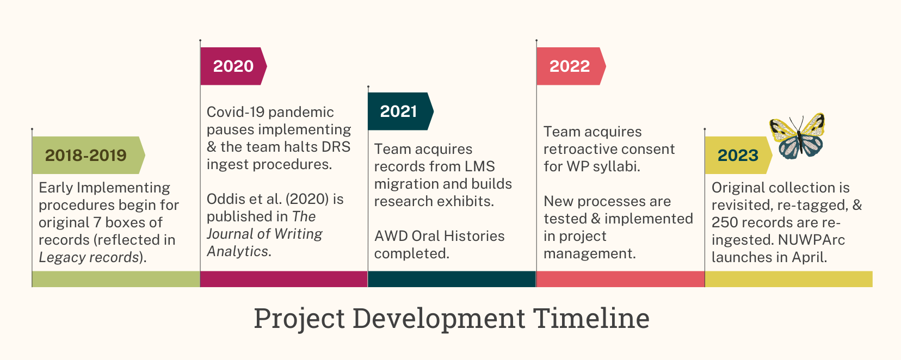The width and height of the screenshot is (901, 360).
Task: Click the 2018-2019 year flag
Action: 89,156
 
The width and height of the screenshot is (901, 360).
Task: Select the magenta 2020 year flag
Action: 233,66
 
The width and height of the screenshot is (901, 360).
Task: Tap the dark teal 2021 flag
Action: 400,111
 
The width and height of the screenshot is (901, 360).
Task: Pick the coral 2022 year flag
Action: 571,66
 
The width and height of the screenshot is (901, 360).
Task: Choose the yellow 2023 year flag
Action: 738,156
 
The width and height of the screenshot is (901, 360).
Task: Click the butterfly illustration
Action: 798,136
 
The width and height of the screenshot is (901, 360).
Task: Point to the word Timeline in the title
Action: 591,318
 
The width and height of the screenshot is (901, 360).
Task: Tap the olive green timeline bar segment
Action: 116,279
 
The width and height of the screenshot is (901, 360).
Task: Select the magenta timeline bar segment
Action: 284,279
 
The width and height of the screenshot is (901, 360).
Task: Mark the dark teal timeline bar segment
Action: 452,279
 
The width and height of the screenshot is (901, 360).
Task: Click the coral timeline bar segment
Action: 621,279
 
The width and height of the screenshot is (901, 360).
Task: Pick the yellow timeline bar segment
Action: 789,279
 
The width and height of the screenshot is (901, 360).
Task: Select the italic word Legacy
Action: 63,258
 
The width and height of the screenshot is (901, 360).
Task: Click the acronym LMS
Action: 480,166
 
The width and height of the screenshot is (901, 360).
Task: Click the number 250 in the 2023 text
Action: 724,222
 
